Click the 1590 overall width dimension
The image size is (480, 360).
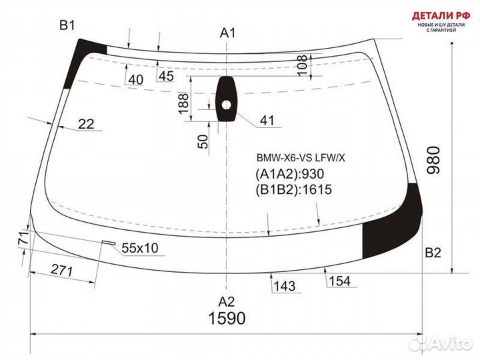(227, 319)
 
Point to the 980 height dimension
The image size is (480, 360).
(434, 161)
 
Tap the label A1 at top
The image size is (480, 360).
(228, 33)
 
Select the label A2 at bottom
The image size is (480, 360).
(227, 299)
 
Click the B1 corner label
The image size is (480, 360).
(67, 26)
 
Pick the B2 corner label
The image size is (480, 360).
(433, 253)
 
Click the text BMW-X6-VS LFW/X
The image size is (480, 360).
(301, 159)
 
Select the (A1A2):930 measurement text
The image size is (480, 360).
(289, 174)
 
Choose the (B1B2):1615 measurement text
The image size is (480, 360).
(293, 190)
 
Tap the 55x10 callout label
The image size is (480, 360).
(139, 248)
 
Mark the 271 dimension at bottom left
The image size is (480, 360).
(62, 270)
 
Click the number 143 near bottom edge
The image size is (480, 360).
(283, 286)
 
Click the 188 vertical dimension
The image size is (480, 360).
(184, 101)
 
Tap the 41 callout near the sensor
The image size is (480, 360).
(267, 121)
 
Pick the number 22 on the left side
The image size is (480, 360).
(85, 123)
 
